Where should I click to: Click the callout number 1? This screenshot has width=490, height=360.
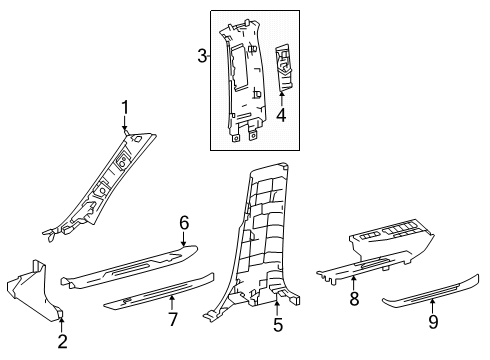126,108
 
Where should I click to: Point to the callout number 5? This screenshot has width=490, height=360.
278,324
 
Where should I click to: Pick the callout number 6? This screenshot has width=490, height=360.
183,250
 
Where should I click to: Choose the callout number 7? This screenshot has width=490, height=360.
171,319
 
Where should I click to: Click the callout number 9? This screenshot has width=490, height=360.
432,322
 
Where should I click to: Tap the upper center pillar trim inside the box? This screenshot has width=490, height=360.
244,80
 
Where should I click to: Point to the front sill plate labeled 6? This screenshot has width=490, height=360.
130,273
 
